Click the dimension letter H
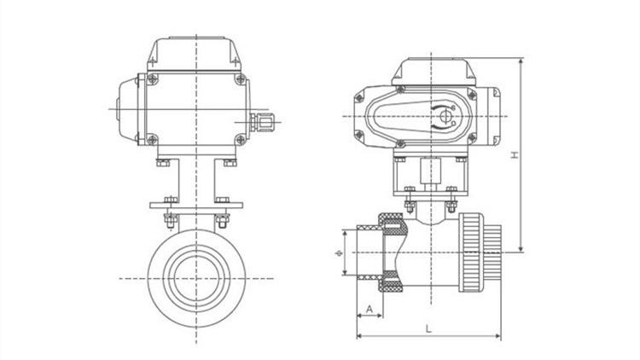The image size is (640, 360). [515, 154]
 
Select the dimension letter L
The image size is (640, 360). [428, 328]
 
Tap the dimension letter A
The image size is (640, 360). [369, 309]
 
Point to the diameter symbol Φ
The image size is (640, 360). [339, 253]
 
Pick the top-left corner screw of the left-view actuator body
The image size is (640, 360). [152, 78]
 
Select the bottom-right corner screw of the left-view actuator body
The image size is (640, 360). [241, 140]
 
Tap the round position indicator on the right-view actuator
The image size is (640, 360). [445, 116]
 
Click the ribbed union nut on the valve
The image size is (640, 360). [471, 253]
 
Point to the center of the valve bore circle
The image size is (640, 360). [196, 279]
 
